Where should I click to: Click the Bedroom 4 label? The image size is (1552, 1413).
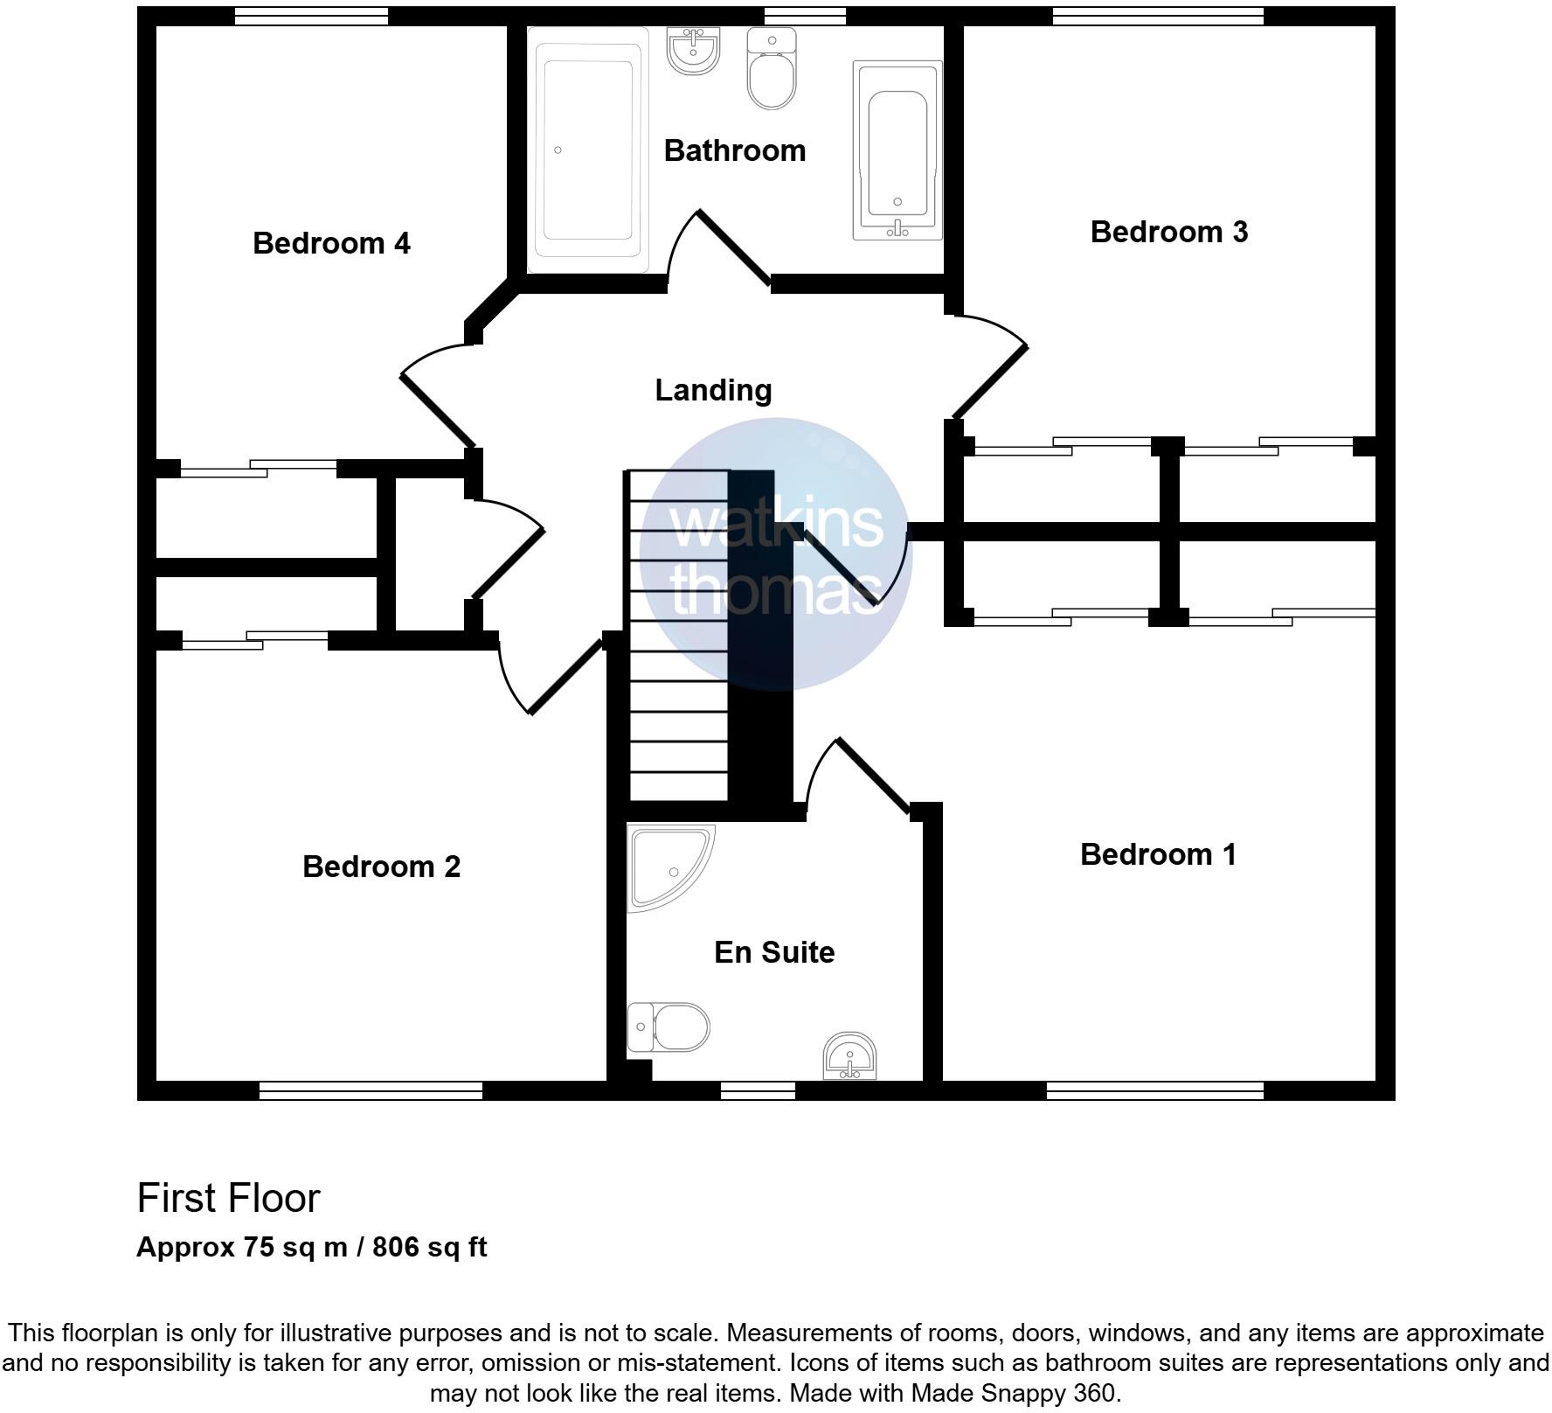tap(331, 243)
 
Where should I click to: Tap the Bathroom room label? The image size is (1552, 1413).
tap(734, 150)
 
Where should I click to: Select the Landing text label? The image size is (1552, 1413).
tap(713, 390)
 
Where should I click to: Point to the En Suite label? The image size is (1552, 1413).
tap(773, 952)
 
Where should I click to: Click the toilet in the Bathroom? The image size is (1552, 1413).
tap(773, 70)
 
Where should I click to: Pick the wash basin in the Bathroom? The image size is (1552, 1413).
tap(694, 50)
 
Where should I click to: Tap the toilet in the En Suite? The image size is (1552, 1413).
tap(669, 1027)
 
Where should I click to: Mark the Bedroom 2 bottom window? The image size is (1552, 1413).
tap(371, 1090)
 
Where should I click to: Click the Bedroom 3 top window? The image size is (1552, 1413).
tap(1158, 16)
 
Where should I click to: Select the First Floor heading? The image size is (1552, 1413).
tap(229, 1198)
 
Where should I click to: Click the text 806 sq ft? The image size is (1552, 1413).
tap(429, 1247)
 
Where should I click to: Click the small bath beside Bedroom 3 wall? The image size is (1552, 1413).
tap(897, 150)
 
